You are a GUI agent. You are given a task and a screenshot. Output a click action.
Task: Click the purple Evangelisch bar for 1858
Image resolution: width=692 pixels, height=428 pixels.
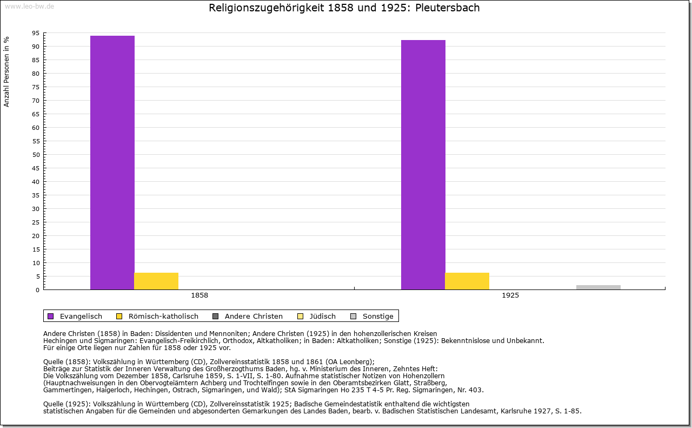click(112, 162)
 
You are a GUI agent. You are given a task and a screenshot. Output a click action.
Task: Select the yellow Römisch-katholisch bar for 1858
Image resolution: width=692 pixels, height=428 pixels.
click(156, 281)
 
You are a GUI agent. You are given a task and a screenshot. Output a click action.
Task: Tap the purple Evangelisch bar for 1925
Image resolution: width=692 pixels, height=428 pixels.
click(423, 164)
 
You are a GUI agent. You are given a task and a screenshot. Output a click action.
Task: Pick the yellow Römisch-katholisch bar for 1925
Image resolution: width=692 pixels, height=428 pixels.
click(467, 281)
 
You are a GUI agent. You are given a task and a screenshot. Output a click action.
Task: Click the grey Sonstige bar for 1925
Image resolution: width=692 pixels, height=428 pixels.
click(598, 287)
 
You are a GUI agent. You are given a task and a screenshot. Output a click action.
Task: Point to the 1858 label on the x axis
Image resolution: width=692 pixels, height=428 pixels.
click(199, 296)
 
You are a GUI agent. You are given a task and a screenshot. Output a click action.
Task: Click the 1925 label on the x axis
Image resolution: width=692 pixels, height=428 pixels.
click(510, 296)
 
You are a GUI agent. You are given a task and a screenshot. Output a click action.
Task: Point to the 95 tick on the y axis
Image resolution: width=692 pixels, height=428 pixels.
click(35, 33)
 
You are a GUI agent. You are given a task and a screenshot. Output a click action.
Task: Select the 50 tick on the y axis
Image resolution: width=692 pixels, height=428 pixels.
click(35, 155)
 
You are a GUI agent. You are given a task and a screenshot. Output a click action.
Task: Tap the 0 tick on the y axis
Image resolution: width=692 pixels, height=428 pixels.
click(37, 290)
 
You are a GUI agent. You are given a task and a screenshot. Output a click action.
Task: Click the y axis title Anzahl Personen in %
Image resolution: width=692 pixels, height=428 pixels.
click(6, 71)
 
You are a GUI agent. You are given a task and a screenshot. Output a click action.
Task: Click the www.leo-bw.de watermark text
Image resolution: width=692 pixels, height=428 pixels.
click(29, 6)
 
